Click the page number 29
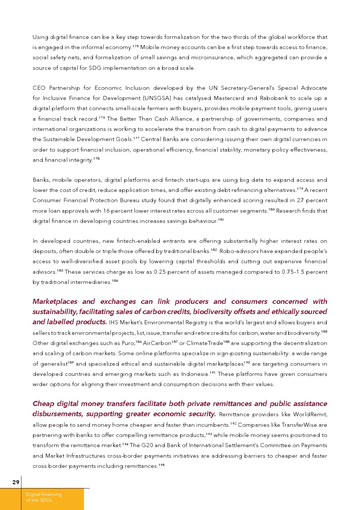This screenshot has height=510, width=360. point(16,482)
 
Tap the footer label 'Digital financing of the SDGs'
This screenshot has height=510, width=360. point(44,497)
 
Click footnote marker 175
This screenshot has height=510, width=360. point(135,46)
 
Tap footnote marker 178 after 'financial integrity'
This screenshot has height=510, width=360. point(96,159)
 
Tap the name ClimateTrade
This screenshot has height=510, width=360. point(205,343)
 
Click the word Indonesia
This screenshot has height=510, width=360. point(194,374)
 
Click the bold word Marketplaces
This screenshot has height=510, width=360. point(55,301)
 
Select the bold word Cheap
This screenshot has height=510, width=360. point(43,403)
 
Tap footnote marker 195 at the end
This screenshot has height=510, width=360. point(162,465)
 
